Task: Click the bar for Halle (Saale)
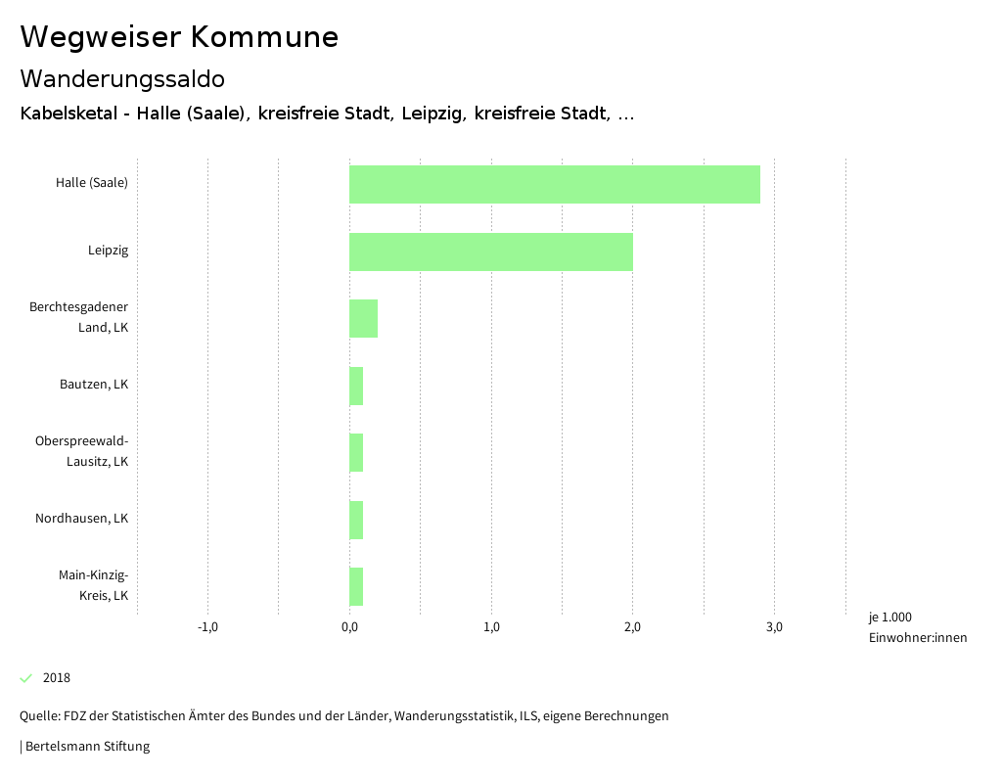[554, 184]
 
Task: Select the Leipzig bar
[490, 252]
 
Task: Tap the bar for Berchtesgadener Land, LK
[363, 319]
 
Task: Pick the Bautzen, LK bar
[356, 386]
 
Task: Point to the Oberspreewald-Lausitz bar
[356, 453]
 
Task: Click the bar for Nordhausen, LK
[356, 520]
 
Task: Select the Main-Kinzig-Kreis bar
[356, 587]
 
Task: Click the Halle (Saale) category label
[92, 182]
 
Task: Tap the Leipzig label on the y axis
[108, 251]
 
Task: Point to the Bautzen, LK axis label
[94, 385]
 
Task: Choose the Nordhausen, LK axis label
[82, 519]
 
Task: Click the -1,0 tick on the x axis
[207, 627]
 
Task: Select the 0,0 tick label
[349, 627]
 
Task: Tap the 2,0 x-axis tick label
[632, 627]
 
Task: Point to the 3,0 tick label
[774, 627]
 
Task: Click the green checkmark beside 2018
[26, 678]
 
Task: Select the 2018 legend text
[57, 678]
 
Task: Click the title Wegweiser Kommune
[179, 37]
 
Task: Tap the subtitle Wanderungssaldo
[122, 78]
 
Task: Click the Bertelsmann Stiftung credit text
[86, 747]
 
